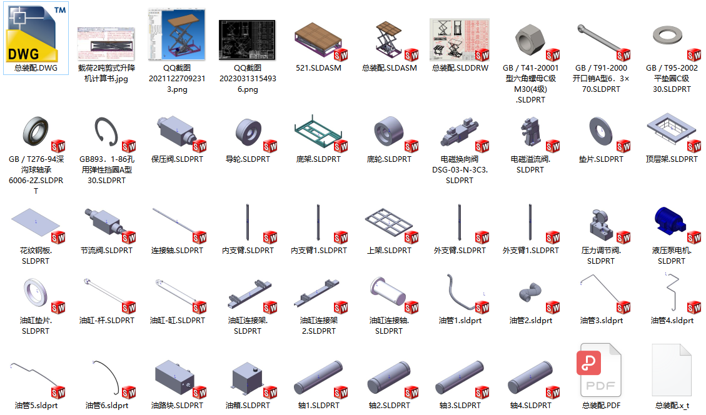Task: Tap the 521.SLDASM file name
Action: click(318, 67)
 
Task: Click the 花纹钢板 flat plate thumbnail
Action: click(35, 222)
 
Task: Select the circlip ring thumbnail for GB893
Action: click(106, 131)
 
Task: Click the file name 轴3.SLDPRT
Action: click(460, 405)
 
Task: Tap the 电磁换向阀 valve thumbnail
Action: click(460, 131)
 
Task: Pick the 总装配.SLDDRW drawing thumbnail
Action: click(460, 40)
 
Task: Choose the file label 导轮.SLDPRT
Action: click(248, 159)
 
